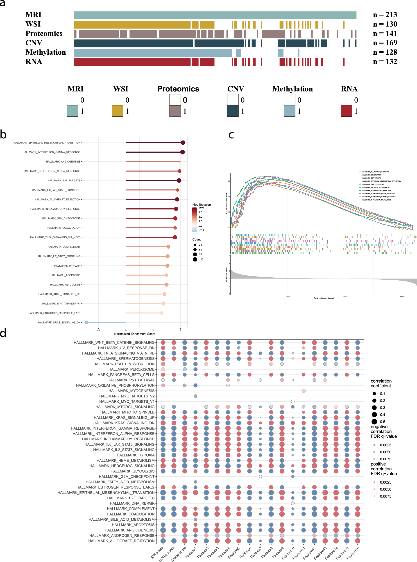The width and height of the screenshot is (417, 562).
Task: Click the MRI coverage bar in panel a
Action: (x=215, y=15)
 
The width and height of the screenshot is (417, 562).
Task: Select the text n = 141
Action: (x=385, y=33)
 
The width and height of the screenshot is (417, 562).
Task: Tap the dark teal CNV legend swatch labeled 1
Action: (x=233, y=111)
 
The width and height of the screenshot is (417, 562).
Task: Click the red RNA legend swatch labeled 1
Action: (x=346, y=111)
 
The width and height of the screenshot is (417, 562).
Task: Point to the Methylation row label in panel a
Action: (x=46, y=52)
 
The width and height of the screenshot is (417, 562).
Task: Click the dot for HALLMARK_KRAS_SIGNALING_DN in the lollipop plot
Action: (x=87, y=322)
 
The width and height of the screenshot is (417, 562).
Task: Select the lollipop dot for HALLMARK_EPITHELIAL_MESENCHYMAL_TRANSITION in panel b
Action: (x=183, y=143)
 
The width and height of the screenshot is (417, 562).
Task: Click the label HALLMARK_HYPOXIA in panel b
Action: (x=67, y=266)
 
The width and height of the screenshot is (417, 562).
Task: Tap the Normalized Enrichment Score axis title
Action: (x=135, y=334)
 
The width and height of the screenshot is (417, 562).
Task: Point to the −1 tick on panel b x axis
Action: (x=98, y=330)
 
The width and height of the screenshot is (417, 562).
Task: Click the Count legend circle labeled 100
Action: (x=195, y=259)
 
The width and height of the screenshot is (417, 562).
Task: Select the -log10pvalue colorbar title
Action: (x=202, y=205)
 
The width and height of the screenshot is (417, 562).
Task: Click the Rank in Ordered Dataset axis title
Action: (x=323, y=298)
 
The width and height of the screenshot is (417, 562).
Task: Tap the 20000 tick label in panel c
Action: (x=344, y=296)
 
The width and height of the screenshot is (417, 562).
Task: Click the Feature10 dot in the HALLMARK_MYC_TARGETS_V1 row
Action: (x=292, y=401)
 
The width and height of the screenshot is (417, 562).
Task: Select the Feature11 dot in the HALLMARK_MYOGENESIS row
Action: (x=304, y=391)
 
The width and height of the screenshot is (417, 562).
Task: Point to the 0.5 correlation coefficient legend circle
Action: (x=374, y=422)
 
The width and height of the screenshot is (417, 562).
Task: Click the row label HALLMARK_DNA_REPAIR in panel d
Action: (x=132, y=503)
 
